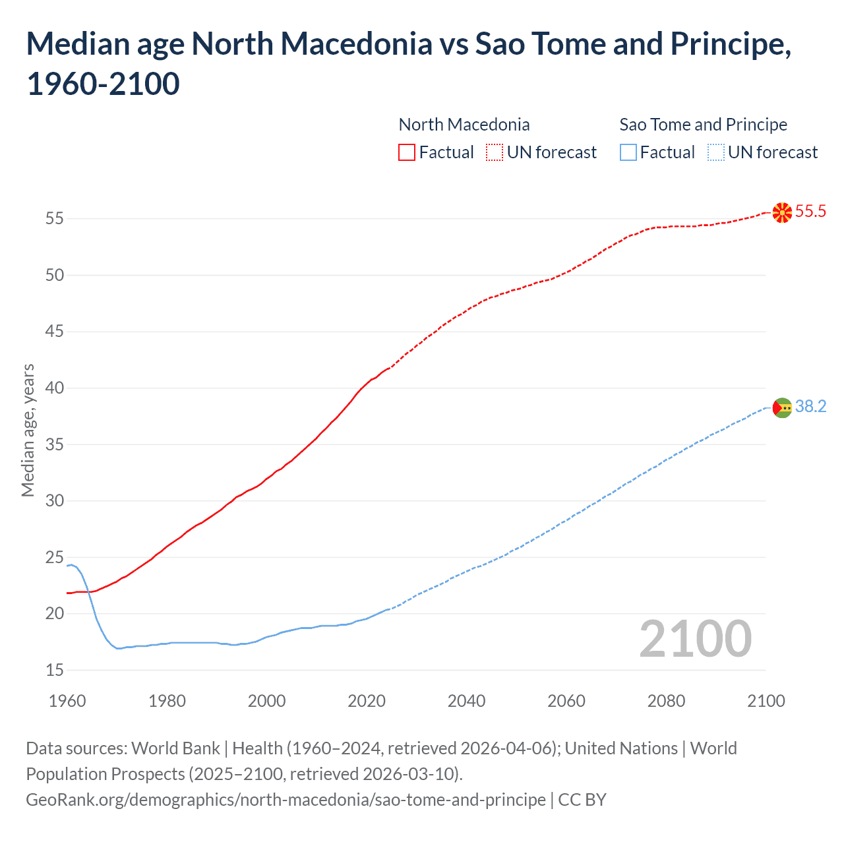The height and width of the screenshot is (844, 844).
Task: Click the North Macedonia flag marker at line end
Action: (782, 212)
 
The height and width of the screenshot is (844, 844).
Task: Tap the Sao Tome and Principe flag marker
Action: (782, 408)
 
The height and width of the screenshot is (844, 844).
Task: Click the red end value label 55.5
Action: (810, 212)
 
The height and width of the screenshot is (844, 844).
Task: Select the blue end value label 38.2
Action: (810, 407)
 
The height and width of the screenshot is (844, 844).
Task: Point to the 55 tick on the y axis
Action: (55, 218)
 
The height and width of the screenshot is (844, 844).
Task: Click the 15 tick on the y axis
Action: (55, 671)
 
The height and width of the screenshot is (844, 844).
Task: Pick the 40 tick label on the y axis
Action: (55, 388)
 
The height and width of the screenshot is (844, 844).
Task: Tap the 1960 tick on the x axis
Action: (67, 701)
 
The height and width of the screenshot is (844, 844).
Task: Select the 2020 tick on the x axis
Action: (367, 701)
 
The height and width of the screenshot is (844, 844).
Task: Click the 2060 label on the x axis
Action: (566, 701)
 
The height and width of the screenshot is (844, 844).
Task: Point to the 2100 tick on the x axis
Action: (766, 701)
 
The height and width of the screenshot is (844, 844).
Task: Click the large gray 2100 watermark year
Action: (695, 639)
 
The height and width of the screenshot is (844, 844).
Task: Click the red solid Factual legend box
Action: (407, 152)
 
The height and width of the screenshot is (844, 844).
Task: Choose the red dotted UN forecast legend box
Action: (495, 152)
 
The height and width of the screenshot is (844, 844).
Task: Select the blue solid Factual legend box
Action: (628, 152)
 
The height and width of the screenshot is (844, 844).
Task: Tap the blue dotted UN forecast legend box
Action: (715, 152)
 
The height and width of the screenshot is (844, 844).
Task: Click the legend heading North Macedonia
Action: (464, 125)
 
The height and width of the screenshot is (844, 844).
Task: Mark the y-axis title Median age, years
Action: (28, 430)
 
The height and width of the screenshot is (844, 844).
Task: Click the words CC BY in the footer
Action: (582, 800)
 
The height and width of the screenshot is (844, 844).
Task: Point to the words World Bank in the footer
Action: (175, 748)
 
